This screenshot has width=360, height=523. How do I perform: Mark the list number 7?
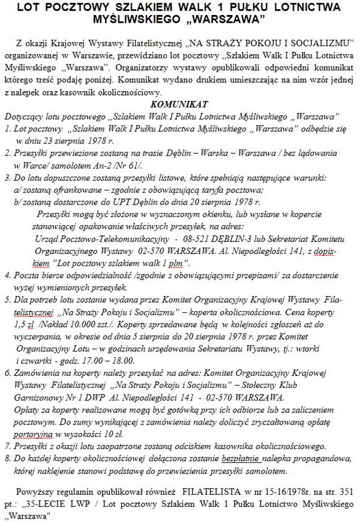coord(6,446)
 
